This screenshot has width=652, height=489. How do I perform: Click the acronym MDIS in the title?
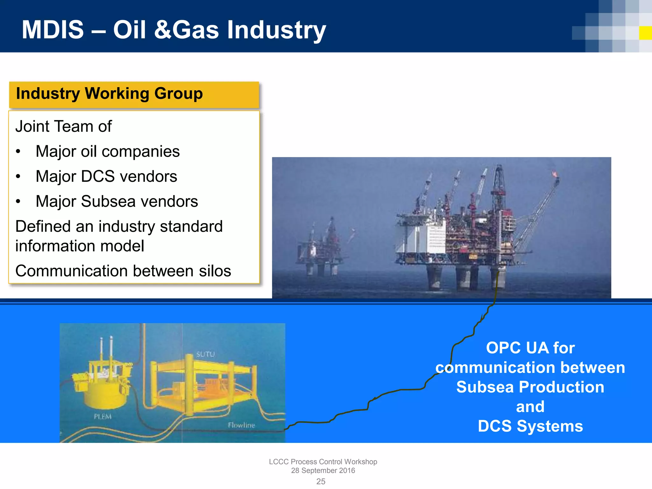click(53, 30)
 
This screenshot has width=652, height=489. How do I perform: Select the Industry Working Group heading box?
click(134, 95)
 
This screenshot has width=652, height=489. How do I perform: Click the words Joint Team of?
click(63, 126)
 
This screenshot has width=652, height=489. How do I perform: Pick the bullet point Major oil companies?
click(108, 151)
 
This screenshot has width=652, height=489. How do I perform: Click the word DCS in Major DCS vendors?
click(98, 176)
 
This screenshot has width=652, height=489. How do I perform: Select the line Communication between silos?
click(123, 271)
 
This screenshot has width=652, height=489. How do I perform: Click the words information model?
click(80, 246)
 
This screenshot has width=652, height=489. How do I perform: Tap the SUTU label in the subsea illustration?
click(205, 354)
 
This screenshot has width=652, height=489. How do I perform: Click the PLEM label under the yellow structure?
click(103, 416)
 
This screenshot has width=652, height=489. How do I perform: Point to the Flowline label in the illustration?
click(241, 425)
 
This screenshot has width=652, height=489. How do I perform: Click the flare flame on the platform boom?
click(555, 174)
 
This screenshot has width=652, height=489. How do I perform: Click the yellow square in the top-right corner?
click(645, 33)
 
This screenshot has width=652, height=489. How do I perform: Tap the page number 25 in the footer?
click(321, 481)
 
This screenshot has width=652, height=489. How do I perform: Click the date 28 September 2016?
click(323, 471)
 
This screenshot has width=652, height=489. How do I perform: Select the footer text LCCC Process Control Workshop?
click(323, 462)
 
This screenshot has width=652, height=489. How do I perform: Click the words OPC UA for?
click(530, 348)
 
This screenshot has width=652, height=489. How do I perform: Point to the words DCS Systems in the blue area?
click(530, 426)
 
